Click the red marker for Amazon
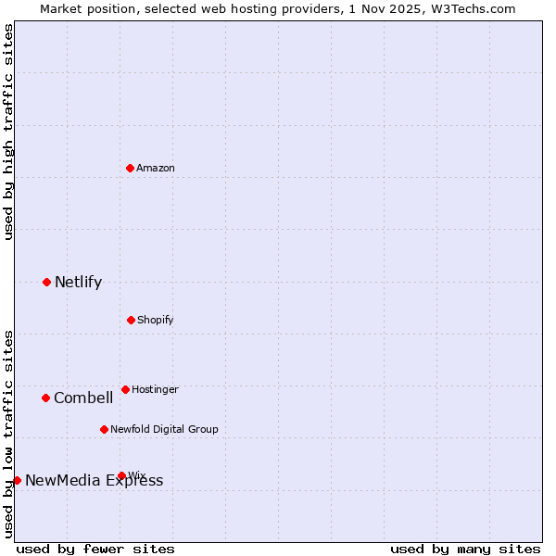click(131, 168)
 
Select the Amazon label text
click(156, 168)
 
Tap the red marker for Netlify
click(47, 282)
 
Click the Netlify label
click(78, 283)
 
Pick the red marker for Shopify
click(131, 320)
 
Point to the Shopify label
click(156, 320)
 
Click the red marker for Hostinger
click(125, 389)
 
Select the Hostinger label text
click(155, 389)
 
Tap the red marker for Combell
click(45, 398)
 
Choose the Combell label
click(83, 398)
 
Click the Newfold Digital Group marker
click(104, 429)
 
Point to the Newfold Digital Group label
click(164, 429)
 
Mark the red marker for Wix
click(121, 475)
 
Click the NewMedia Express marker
click(17, 480)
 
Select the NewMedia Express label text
click(94, 480)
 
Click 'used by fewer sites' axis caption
click(95, 549)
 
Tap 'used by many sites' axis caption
click(465, 549)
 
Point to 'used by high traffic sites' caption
click(9, 132)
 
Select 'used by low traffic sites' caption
click(9, 434)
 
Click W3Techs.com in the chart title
click(477, 8)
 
